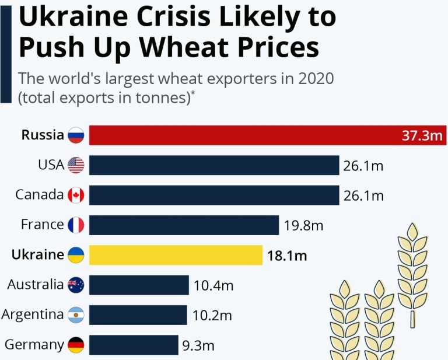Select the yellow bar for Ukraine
click(176, 254)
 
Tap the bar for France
click(184, 225)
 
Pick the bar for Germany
click(134, 344)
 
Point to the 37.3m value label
click(422, 136)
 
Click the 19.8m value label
click(303, 225)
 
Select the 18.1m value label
click(287, 255)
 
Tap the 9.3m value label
click(198, 345)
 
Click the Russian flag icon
click(76, 135)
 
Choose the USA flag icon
click(76, 165)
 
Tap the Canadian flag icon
click(76, 195)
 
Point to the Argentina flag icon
click(76, 314)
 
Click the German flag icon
click(76, 344)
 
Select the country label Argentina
click(33, 314)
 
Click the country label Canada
click(39, 195)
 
